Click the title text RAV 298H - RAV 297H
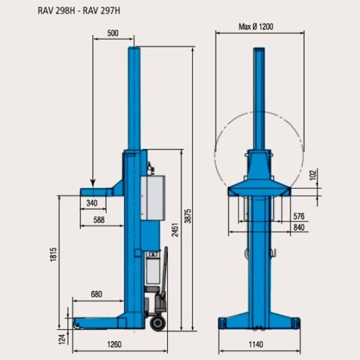coord(79,11)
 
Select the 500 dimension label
coord(113,33)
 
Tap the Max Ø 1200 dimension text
coord(256,27)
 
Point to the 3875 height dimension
coord(188,216)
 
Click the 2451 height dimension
coord(175,230)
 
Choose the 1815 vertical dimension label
coord(53,254)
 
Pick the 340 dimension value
coord(92,203)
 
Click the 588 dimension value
coord(99,220)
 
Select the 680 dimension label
coord(97,294)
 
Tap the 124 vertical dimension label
coord(62,339)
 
